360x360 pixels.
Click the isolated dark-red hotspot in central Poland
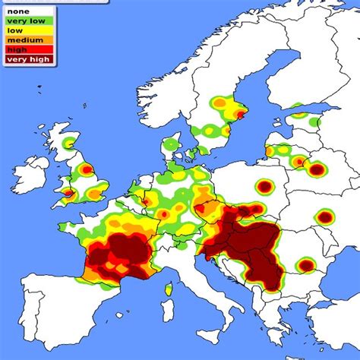(264, 186)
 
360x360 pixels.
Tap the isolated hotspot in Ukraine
(325, 218)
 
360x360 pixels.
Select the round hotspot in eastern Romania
(305, 265)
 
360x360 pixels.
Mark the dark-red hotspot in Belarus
(317, 169)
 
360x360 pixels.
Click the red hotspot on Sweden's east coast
(241, 115)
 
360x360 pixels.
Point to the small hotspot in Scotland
(70, 142)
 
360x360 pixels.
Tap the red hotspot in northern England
(87, 169)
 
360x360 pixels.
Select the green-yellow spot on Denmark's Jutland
(172, 144)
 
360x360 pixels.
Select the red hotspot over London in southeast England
(94, 194)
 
